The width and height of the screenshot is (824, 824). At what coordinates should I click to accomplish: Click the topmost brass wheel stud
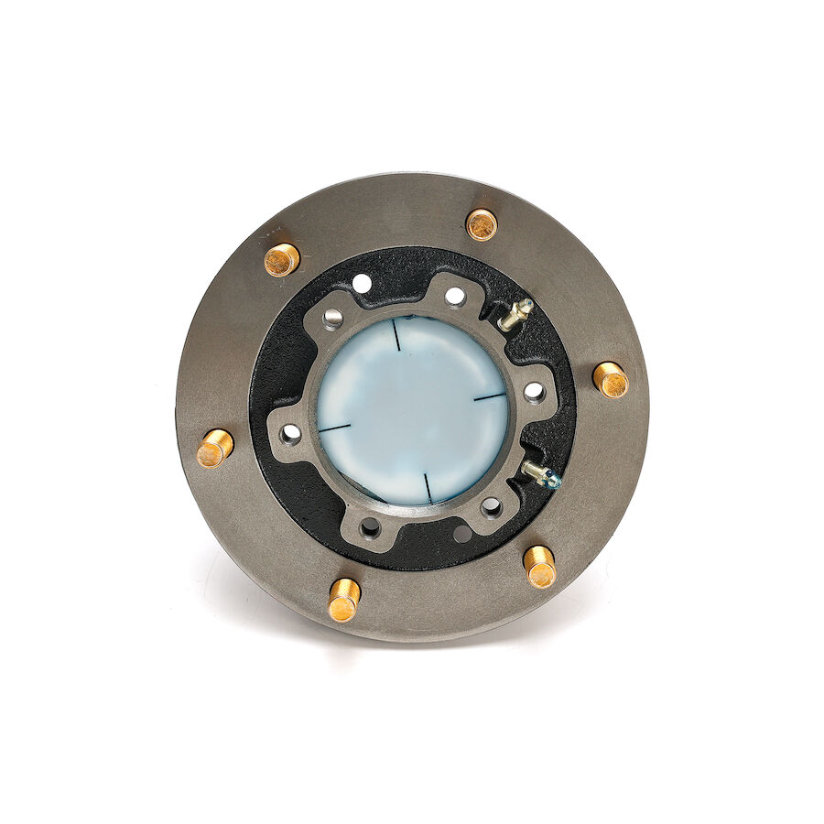(x=482, y=224)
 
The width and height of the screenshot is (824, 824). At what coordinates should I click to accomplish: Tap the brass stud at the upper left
(x=281, y=259)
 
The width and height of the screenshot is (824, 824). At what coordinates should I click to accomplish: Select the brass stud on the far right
(x=610, y=379)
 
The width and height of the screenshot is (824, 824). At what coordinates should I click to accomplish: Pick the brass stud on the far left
(x=215, y=449)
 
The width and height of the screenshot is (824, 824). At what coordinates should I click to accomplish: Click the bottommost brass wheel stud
(x=344, y=600)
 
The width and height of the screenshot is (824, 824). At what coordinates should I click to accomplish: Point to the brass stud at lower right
(x=540, y=567)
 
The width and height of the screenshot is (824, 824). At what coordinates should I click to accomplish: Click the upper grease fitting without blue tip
(x=515, y=314)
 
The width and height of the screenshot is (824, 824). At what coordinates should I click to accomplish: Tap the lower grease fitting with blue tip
(x=540, y=474)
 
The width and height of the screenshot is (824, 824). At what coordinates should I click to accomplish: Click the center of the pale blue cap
(x=412, y=410)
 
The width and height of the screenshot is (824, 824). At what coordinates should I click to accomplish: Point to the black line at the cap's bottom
(x=428, y=486)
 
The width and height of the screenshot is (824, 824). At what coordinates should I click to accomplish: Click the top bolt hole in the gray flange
(x=454, y=297)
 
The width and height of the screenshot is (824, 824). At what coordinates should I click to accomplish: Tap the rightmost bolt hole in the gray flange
(x=534, y=392)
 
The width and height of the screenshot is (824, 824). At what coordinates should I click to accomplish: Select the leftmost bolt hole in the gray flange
(x=290, y=431)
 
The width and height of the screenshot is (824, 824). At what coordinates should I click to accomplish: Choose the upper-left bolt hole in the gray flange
(x=332, y=318)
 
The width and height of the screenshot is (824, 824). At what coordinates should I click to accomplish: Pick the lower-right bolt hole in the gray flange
(x=492, y=506)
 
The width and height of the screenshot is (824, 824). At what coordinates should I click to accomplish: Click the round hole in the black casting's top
(x=363, y=283)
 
